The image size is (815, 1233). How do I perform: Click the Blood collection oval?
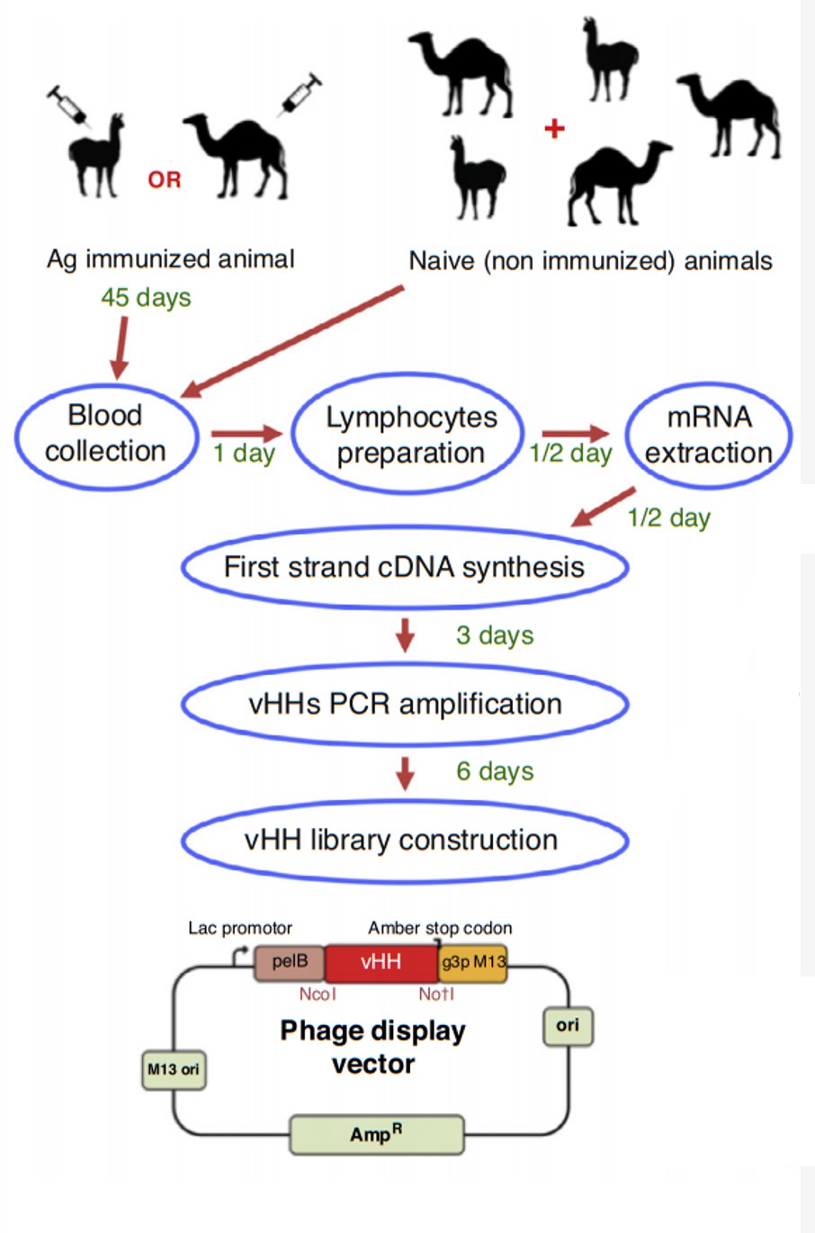point(106,434)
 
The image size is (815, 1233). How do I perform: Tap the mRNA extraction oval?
point(708,436)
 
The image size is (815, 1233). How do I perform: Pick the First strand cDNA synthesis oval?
point(404,567)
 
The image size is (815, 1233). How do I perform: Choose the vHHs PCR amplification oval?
point(404,704)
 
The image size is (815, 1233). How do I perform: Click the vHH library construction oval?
point(404,841)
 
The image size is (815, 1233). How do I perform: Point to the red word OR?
point(165,180)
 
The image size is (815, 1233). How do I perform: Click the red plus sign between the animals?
point(554,129)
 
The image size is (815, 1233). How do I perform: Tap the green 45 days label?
point(146,297)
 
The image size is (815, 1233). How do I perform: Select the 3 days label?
point(495,635)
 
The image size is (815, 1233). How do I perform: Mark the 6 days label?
point(495,771)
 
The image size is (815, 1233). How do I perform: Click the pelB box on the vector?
point(290,962)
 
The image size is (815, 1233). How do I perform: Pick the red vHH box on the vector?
point(381,962)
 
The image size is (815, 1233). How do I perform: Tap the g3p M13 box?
point(473,962)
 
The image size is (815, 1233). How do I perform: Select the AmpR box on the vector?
point(376,1135)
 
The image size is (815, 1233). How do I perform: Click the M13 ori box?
point(174,1070)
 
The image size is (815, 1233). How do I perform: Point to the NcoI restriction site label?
point(318,994)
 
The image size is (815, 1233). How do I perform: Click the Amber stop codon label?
point(440,928)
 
